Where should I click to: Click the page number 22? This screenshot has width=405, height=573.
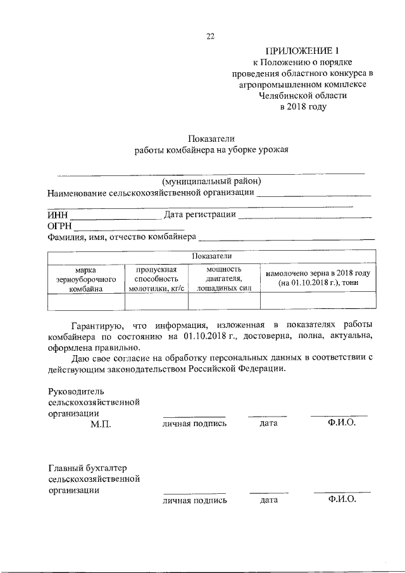(211, 36)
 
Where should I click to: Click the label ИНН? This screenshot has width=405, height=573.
(57, 215)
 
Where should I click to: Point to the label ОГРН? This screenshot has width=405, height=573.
(59, 226)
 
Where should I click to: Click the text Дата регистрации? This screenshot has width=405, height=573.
(200, 215)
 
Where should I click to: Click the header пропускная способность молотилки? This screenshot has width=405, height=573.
(156, 279)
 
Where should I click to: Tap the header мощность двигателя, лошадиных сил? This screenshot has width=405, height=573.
(224, 279)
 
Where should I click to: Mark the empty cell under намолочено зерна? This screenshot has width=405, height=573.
(318, 303)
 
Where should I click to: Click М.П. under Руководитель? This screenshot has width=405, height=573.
(101, 424)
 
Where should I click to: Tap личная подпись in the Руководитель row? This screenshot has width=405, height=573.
(194, 424)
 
